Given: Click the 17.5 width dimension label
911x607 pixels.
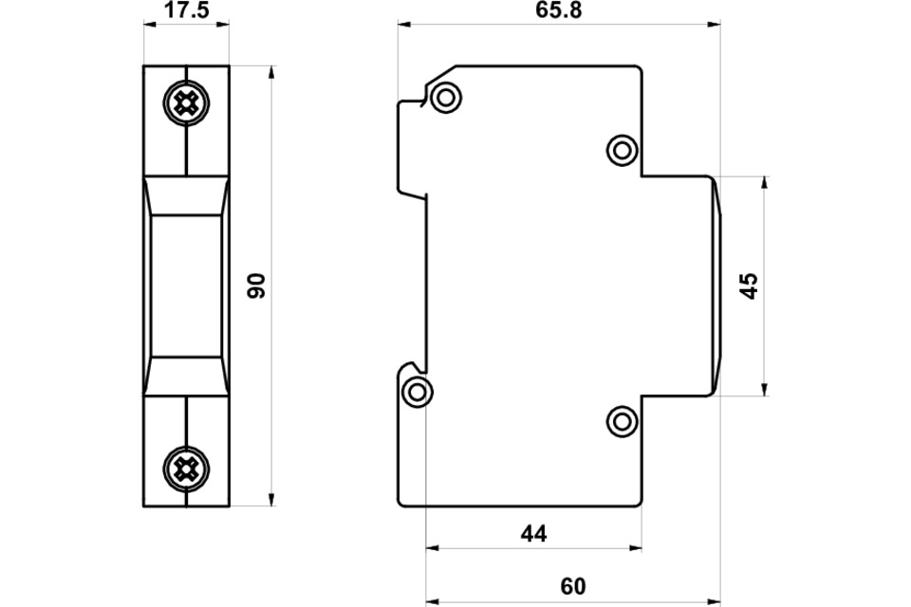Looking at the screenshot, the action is pos(187,9).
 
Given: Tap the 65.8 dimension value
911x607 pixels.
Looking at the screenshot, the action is pos(559,9).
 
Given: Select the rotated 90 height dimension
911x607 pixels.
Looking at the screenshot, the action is pos(256,285).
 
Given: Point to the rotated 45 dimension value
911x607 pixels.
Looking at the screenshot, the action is pos(750,285).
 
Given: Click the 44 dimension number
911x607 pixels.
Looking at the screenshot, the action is pos(534,534).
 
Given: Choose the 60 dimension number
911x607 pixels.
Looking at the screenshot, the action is pos(573,587).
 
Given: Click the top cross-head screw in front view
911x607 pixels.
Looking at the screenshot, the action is pos(186,104).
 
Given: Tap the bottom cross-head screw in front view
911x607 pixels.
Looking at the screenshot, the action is pos(186,469).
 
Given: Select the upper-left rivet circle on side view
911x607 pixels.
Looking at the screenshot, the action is pos(446,97).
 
